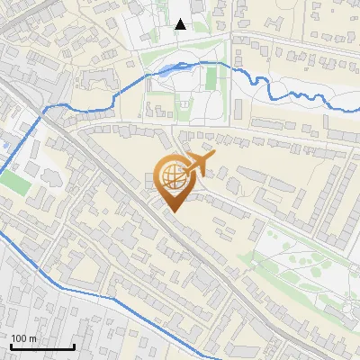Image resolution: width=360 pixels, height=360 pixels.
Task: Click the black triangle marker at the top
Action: [x=181, y=24]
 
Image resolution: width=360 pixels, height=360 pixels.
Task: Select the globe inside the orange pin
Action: [x=172, y=175]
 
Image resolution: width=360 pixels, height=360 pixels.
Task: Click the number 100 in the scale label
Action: [x=19, y=339]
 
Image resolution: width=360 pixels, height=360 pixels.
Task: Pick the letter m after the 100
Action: [x=32, y=339]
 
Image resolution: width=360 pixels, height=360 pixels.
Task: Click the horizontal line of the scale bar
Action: [x=41, y=347]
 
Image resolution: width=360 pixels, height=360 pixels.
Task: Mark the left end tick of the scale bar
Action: [x=10, y=346]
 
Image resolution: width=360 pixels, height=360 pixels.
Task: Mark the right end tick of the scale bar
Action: [x=74, y=346]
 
